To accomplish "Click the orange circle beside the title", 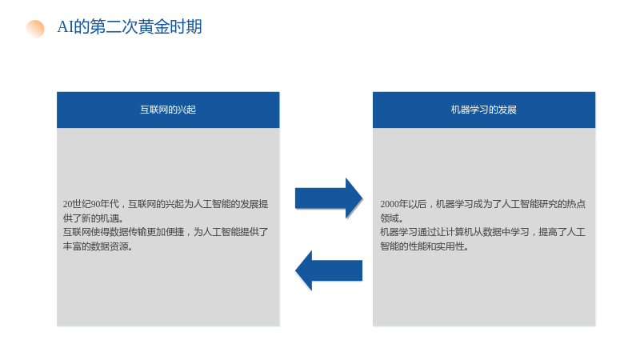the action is [35, 29].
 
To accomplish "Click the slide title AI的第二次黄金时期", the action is [130, 27].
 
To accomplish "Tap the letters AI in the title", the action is [66, 27].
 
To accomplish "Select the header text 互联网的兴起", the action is [168, 110].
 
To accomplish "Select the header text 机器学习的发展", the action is [484, 110].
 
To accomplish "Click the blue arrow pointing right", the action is [329, 198].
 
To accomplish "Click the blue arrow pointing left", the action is [329, 270].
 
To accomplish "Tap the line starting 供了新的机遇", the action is [94, 218].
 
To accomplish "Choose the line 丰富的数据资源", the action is [98, 246].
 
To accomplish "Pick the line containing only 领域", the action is [392, 218].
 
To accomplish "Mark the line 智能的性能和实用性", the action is [424, 246].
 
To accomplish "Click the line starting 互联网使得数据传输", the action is [166, 232].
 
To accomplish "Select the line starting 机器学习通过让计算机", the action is [483, 232].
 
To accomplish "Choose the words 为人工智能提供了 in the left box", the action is [231, 232].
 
